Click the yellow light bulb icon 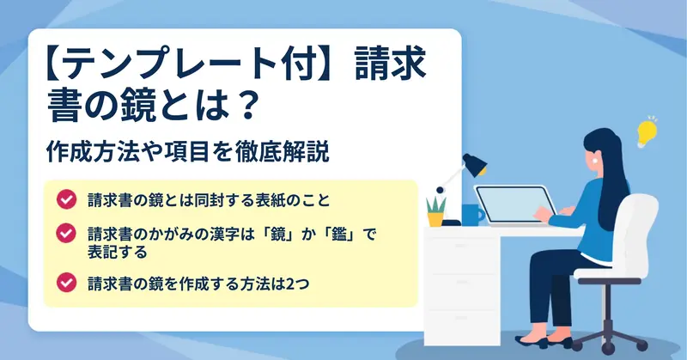point(647,132)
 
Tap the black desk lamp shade point(474,165)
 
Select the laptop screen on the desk point(514,205)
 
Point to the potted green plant point(436,211)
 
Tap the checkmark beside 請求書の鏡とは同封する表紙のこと point(67,199)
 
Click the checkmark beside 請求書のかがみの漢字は point(67,234)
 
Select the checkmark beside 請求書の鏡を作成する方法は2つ point(67,283)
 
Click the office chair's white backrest point(635,231)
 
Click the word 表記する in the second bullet point(117,252)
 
